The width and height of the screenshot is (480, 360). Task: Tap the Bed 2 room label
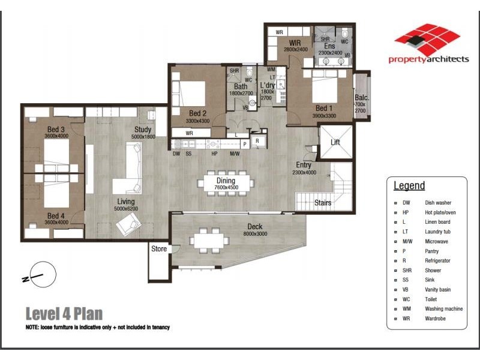197,113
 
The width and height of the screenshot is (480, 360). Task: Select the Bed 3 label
56,129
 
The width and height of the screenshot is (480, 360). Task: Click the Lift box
335,143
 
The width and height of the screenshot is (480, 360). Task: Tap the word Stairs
323,203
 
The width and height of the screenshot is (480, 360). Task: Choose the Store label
158,248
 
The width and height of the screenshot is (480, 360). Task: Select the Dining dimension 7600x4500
226,187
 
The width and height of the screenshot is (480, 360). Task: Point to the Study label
142,130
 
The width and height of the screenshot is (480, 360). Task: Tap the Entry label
304,165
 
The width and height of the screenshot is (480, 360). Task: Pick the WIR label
295,43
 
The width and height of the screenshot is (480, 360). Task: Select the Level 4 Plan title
64,313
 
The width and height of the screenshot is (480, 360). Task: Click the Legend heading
409,186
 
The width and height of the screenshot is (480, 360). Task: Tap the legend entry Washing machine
443,309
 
